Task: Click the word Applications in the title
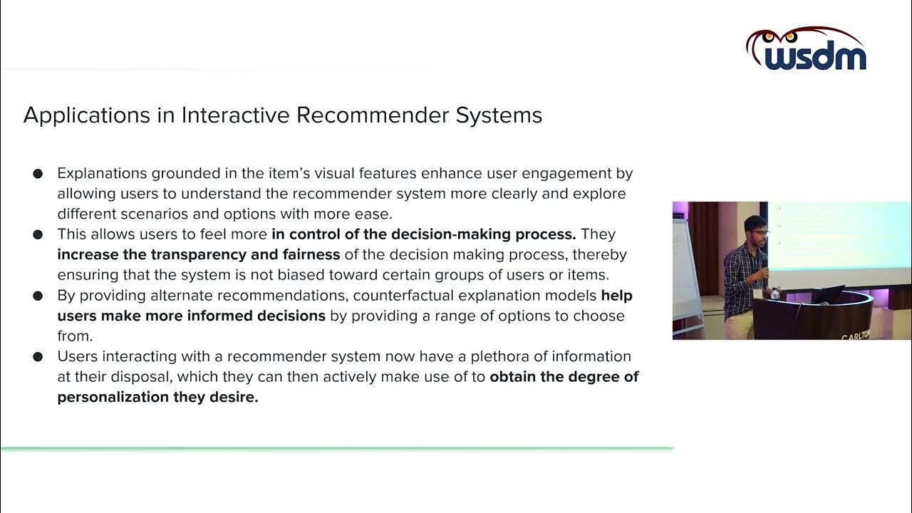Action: click(88, 115)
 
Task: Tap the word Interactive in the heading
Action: click(235, 115)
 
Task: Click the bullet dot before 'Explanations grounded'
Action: click(38, 173)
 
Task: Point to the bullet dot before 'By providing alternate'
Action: click(38, 296)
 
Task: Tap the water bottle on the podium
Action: click(774, 294)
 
